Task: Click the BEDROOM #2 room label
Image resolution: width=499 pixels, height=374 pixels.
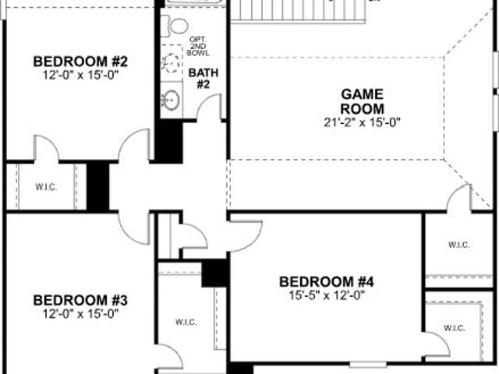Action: pos(80,62)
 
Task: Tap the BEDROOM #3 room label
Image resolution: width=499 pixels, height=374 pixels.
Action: pos(80,300)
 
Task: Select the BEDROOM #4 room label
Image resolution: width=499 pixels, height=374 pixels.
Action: pos(327,282)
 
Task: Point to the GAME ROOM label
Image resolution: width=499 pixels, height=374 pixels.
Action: pos(362,101)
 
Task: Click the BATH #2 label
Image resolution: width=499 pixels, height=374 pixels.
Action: pos(203,79)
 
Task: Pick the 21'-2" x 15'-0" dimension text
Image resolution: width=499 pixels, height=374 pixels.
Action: pos(362,122)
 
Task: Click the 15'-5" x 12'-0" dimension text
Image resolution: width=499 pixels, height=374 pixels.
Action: pos(327,295)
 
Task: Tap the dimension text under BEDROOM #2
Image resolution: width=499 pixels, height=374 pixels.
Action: pos(80,75)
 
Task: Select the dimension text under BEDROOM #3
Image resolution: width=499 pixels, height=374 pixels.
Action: pos(80,314)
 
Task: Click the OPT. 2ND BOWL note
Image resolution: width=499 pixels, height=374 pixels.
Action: pos(198,47)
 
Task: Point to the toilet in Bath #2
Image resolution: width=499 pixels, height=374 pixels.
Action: pos(175,26)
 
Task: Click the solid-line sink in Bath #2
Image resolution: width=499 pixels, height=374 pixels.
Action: pos(172,100)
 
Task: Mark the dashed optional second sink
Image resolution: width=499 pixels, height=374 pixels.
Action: pos(172,63)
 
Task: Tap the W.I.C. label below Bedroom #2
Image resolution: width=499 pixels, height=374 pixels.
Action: pos(46,187)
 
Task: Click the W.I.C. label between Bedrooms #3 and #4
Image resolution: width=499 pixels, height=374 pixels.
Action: pos(186,322)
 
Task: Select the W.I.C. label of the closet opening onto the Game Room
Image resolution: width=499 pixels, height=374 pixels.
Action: pos(459,245)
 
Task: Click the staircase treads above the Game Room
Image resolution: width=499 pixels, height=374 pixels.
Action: pos(298,10)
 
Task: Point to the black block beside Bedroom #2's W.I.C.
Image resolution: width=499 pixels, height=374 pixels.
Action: pos(98,186)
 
